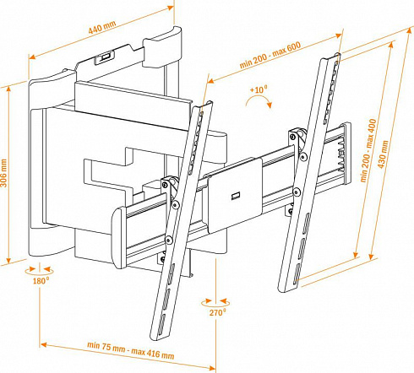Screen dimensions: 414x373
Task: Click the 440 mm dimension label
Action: click(102, 27)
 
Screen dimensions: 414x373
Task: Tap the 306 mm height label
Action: click(4, 172)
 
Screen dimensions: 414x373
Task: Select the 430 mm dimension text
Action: click(383, 154)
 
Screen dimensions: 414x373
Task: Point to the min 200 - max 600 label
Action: click(270, 55)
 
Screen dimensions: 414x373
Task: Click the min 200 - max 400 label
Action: click(368, 150)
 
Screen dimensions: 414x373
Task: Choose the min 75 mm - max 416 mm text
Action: click(130, 350)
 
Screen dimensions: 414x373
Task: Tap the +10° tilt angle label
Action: click(259, 89)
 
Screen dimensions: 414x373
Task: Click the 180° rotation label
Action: click(41, 280)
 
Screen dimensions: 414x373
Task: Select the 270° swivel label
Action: click(217, 312)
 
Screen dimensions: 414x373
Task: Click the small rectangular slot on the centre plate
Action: click(236, 196)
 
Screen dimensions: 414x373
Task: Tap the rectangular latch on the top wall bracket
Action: click(105, 57)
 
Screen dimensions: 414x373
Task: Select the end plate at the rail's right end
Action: click(346, 154)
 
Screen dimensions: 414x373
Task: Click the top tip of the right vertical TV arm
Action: click(330, 57)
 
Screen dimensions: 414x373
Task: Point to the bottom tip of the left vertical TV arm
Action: click(159, 338)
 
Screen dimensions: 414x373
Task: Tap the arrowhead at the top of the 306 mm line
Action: click(9, 89)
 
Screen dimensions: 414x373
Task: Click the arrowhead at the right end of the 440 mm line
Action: click(171, 8)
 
